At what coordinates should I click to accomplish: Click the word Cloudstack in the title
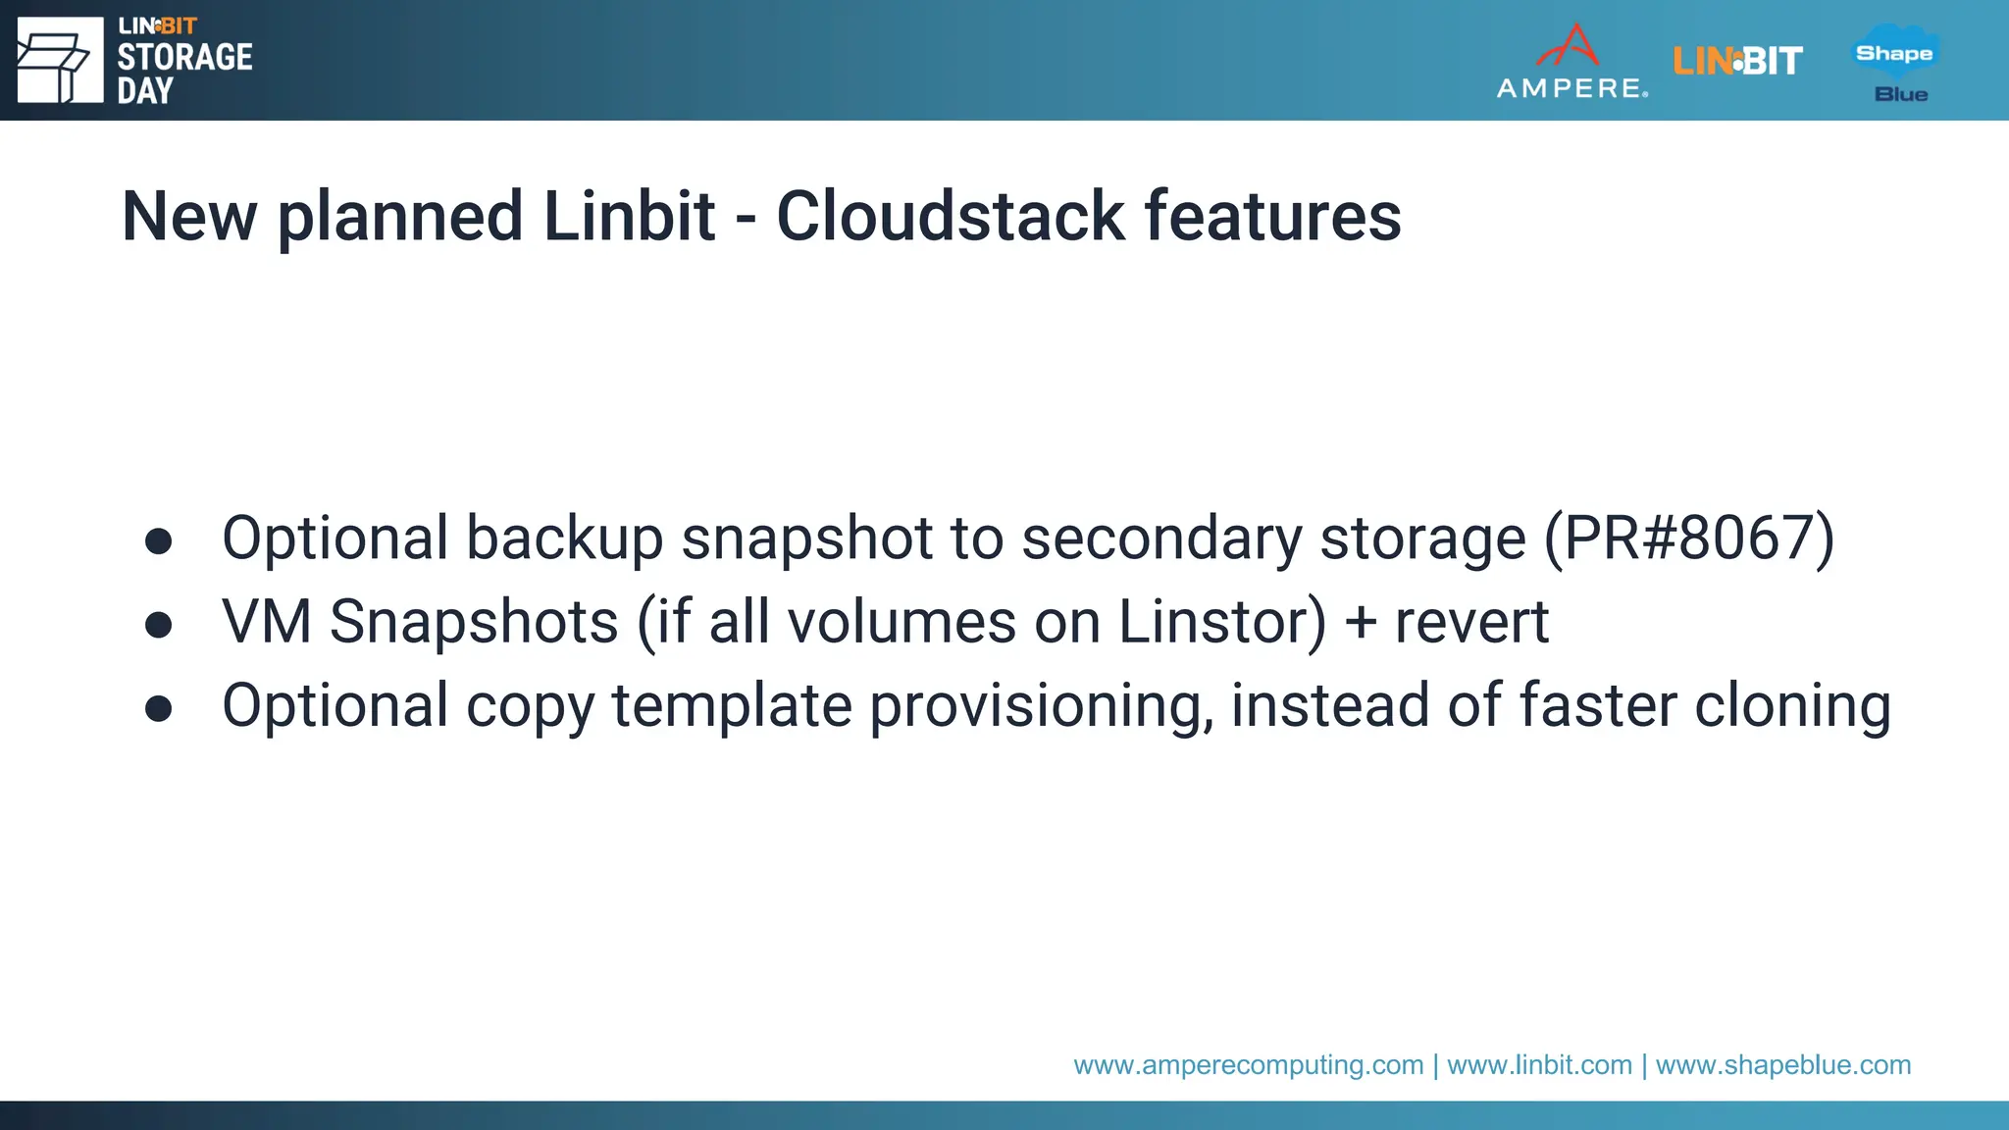click(950, 217)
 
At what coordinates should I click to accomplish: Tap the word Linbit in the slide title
click(629, 217)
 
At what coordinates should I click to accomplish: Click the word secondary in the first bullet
click(1161, 539)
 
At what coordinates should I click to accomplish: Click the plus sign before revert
click(1361, 623)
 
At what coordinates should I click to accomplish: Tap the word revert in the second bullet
click(1471, 622)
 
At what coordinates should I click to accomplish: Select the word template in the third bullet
click(732, 705)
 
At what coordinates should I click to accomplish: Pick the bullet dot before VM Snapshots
click(158, 624)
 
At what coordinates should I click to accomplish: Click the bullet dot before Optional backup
click(158, 540)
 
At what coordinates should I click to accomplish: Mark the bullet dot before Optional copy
click(158, 707)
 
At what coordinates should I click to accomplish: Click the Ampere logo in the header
click(1571, 62)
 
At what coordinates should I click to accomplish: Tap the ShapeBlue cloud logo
click(1895, 62)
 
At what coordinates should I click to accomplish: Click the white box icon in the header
click(60, 61)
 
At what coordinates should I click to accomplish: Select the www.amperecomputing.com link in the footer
click(1248, 1065)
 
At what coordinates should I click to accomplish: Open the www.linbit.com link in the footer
click(1539, 1065)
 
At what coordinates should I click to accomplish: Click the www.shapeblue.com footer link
click(1783, 1065)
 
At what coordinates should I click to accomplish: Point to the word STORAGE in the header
click(184, 58)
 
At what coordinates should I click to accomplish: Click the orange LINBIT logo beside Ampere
click(1737, 62)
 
